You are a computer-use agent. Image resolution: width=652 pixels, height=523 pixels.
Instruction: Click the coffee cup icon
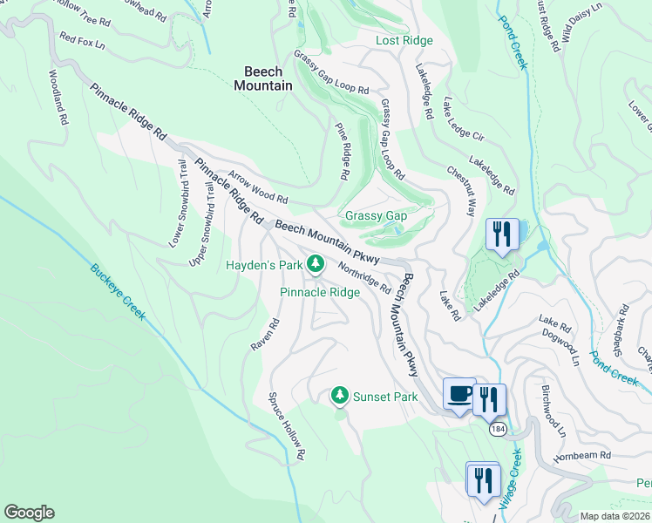click(x=459, y=394)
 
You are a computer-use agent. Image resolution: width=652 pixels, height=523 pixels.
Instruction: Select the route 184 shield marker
click(x=497, y=430)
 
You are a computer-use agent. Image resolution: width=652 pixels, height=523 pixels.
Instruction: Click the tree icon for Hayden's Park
click(x=316, y=263)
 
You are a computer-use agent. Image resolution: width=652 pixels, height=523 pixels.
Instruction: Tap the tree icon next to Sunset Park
click(x=340, y=397)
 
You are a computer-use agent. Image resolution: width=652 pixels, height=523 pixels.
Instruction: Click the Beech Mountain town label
click(x=262, y=78)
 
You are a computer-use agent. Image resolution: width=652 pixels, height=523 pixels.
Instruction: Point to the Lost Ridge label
click(x=404, y=41)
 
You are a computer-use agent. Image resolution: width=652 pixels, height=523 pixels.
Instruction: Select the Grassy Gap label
click(x=376, y=215)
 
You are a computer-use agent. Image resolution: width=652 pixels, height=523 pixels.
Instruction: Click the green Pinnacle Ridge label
click(x=319, y=292)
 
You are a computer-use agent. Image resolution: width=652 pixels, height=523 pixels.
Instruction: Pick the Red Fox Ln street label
click(x=82, y=40)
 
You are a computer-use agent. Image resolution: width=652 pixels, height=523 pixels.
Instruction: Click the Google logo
click(x=30, y=513)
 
